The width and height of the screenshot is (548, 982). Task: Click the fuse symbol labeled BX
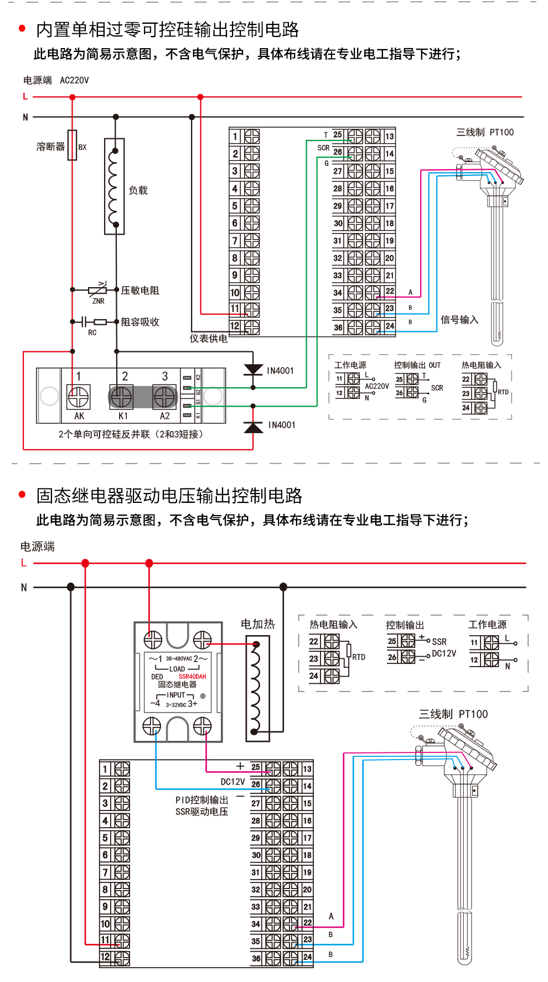(x=73, y=146)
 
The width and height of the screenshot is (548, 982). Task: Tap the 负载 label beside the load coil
(x=138, y=190)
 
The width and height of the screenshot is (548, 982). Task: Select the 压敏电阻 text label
(x=140, y=290)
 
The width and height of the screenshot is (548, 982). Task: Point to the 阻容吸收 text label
(x=140, y=322)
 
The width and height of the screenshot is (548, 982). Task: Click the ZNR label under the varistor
(x=99, y=302)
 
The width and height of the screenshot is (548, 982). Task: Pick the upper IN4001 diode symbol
(x=254, y=370)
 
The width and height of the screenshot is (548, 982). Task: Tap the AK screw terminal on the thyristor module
(x=78, y=397)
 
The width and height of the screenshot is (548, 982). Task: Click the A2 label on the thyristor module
(x=165, y=416)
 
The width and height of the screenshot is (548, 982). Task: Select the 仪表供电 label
(x=209, y=339)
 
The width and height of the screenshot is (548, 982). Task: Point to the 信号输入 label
(x=459, y=320)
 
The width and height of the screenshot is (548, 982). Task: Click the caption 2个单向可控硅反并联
(x=104, y=434)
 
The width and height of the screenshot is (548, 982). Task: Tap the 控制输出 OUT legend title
(x=417, y=365)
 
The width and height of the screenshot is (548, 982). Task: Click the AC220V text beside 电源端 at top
(x=74, y=80)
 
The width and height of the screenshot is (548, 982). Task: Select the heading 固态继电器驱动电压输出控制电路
(x=169, y=496)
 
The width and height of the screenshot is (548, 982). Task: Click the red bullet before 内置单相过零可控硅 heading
(x=22, y=28)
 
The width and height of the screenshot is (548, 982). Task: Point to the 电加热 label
(x=257, y=624)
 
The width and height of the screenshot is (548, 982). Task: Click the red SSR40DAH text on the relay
(x=192, y=677)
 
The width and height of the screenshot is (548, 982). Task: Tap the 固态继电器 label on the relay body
(x=177, y=684)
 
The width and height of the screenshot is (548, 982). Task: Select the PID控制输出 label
(x=201, y=800)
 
